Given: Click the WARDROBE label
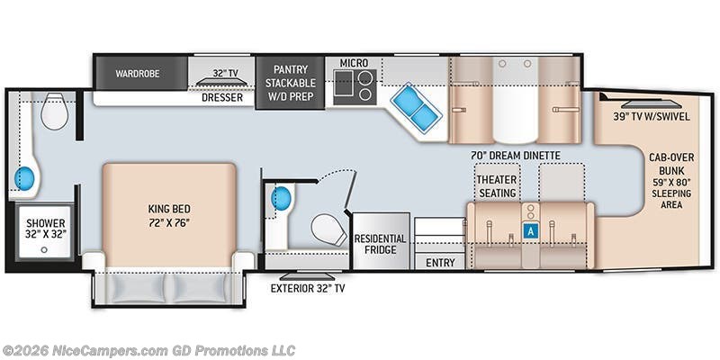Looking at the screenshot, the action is [138, 74].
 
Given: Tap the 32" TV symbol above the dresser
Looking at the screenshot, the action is [222, 82].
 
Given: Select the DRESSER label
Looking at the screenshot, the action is [222, 98].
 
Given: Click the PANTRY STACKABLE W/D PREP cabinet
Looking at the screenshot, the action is [290, 83].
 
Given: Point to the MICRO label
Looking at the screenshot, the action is [354, 62].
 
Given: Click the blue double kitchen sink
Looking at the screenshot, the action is [416, 108].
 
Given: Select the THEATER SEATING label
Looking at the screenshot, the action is [497, 186].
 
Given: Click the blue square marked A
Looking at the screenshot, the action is [531, 231].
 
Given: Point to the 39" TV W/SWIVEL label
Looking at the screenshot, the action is [651, 117].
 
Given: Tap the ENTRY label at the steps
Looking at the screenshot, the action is [440, 263].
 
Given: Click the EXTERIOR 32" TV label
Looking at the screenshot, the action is [307, 289].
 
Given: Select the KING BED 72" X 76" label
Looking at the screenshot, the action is [169, 216].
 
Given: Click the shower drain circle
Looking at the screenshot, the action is [44, 250].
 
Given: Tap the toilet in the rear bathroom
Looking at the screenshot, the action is [54, 111].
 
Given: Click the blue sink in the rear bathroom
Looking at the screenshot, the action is [24, 178].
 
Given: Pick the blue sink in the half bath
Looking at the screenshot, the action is [282, 199].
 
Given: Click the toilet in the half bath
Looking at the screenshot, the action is [329, 230].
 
